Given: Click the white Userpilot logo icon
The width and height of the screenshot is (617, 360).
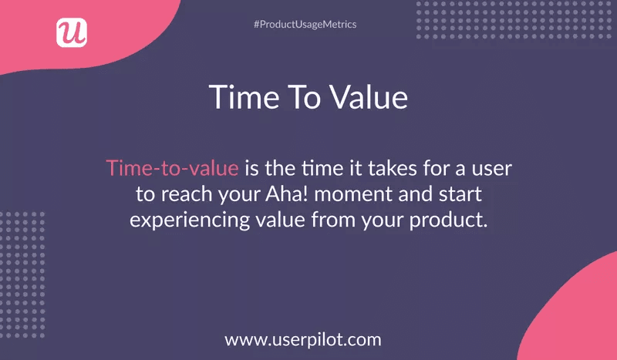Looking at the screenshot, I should [x=72, y=32].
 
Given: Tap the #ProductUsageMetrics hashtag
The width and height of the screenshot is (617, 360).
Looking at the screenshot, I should [x=305, y=25].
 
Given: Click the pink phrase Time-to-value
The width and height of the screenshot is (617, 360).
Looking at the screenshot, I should [x=172, y=167].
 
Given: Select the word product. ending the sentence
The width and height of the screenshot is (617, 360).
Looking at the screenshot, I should [x=448, y=220].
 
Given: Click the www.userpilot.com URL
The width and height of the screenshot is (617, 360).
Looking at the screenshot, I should [x=303, y=338].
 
